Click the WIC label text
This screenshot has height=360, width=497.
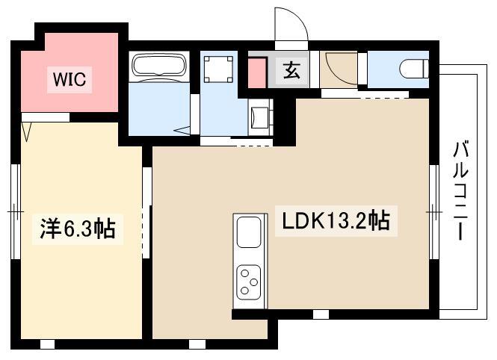69,78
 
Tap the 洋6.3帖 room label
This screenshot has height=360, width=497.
77,229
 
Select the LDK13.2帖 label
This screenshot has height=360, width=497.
335,221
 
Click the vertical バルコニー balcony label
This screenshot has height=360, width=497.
459,190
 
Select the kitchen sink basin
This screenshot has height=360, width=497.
248,233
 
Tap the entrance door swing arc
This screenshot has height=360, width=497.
291,28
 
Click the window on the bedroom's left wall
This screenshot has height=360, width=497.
15,211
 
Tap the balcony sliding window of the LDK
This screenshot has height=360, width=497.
434,212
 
